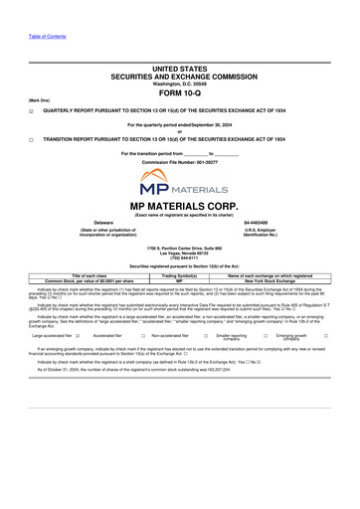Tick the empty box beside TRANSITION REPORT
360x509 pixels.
coord(31,140)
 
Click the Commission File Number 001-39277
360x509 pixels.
coord(180,161)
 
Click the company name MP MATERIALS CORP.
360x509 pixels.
coord(180,206)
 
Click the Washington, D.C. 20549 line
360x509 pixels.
coord(180,82)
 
